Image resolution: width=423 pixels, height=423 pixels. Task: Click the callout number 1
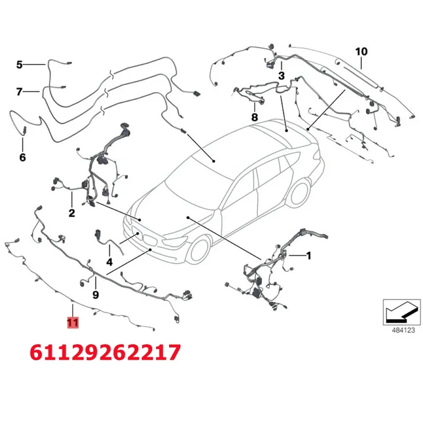point(308,255)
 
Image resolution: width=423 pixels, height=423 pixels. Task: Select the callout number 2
point(72,213)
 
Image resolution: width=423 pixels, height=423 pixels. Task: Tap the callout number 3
point(281,76)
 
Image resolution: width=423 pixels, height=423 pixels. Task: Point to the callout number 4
point(109,262)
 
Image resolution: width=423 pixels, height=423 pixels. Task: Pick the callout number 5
point(20,65)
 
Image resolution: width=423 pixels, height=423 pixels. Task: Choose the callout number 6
point(23,157)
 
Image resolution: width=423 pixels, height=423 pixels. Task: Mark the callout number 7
point(19,91)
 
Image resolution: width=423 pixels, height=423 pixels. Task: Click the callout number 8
point(254,117)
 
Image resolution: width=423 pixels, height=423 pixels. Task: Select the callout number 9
point(96,295)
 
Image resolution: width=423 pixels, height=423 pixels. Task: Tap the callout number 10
point(361,51)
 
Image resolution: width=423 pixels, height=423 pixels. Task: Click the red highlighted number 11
point(72,323)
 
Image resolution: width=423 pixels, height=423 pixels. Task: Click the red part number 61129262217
point(105,352)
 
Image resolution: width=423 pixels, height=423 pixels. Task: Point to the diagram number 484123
point(403,330)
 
